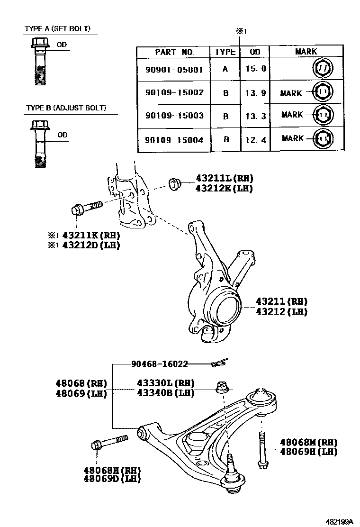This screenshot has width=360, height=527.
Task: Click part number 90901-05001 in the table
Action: click(x=174, y=69)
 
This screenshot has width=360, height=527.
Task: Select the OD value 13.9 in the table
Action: click(x=256, y=92)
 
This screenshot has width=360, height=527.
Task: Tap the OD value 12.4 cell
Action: click(x=256, y=139)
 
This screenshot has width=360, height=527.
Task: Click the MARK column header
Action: click(x=306, y=52)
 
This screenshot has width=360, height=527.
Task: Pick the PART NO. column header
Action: click(x=174, y=52)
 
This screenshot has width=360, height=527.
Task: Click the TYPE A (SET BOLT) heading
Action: click(x=60, y=29)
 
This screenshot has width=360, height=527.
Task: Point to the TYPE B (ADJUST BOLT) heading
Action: click(x=66, y=108)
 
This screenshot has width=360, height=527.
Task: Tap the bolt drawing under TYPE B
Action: click(x=39, y=144)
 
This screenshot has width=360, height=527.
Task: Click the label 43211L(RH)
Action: click(x=224, y=179)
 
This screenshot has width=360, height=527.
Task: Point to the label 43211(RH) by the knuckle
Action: click(x=281, y=301)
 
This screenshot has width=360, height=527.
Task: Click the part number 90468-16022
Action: click(x=159, y=364)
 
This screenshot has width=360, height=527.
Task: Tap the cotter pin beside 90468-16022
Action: click(x=219, y=363)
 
